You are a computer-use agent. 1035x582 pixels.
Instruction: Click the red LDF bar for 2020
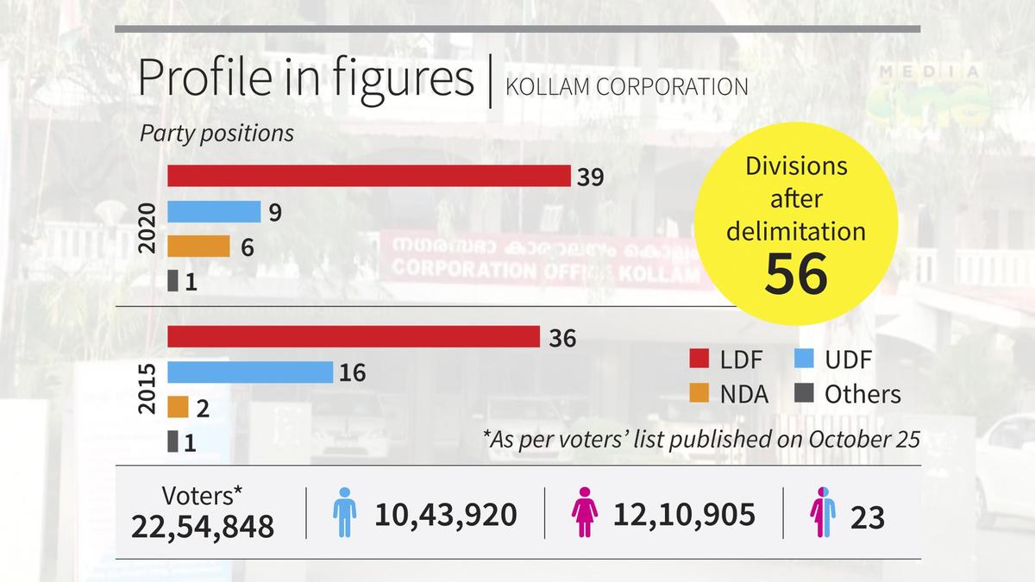pos(368,176)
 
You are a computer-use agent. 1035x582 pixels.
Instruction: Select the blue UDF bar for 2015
pos(249,372)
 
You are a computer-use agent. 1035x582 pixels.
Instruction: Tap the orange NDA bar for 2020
pos(198,247)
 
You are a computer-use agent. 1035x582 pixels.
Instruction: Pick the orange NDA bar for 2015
pos(178,407)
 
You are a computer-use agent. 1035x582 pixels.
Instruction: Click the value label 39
pos(590,177)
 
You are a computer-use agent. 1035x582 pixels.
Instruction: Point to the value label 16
pos(353,372)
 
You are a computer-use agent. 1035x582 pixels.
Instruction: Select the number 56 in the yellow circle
pos(796,273)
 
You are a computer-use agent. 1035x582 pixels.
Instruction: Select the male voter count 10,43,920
pos(446,516)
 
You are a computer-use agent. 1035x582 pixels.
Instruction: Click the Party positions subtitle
pos(216,135)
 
